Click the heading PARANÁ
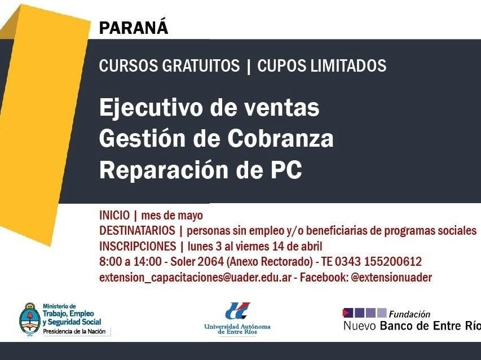pyautogui.click(x=134, y=27)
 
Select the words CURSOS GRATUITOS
pyautogui.click(x=169, y=65)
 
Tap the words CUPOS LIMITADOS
pyautogui.click(x=322, y=65)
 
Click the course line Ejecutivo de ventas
pyautogui.click(x=209, y=107)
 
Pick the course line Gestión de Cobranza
pyautogui.click(x=217, y=138)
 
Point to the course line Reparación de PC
pyautogui.click(x=201, y=169)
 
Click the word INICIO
pyautogui.click(x=114, y=215)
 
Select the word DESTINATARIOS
pyautogui.click(x=137, y=230)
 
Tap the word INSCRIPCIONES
pyautogui.click(x=138, y=246)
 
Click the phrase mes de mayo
pyautogui.click(x=172, y=216)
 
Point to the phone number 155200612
pyautogui.click(x=393, y=261)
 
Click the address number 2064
pyautogui.click(x=211, y=261)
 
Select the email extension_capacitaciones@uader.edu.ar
pyautogui.click(x=195, y=278)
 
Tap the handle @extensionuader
pyautogui.click(x=391, y=277)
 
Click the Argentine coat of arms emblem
pyautogui.click(x=30, y=319)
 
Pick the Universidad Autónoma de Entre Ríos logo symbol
pyautogui.click(x=237, y=310)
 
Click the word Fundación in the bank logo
pyautogui.click(x=409, y=314)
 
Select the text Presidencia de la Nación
pyautogui.click(x=74, y=331)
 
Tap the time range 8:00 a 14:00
pyautogui.click(x=130, y=261)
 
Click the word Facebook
pyautogui.click(x=324, y=277)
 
